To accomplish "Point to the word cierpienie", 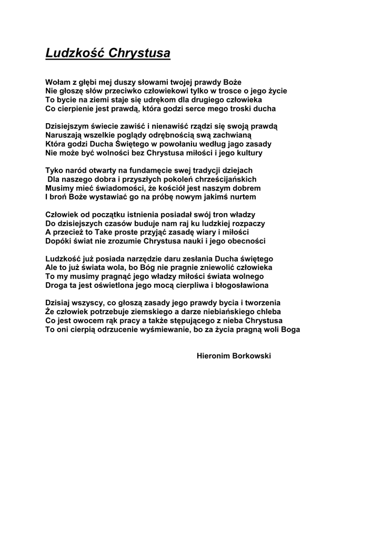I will coord(77,108).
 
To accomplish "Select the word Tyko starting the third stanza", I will coord(55,171).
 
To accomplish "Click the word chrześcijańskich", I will coord(227,179).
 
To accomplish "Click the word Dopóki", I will coord(59,241).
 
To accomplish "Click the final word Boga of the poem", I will coord(289,330).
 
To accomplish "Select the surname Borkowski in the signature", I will coord(252,356).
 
